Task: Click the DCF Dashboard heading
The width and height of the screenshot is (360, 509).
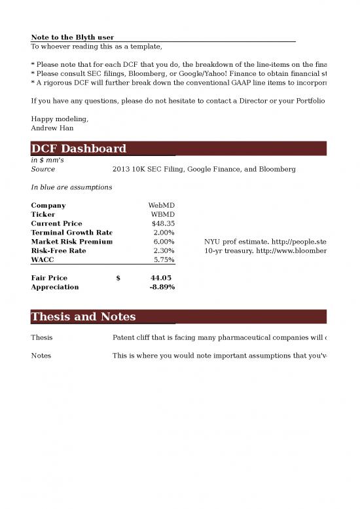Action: point(79,149)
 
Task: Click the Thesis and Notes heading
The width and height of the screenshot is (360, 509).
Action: point(83,317)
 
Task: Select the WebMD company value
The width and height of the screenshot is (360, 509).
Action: point(161,206)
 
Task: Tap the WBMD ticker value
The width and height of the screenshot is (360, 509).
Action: point(162,214)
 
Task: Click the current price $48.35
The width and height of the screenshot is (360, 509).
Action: point(163,223)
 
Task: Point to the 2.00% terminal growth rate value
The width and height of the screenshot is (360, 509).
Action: point(163,233)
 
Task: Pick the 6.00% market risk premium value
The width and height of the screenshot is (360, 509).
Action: point(163,242)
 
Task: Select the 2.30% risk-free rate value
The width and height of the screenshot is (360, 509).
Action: point(163,251)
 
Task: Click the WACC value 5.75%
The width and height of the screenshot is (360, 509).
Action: point(163,260)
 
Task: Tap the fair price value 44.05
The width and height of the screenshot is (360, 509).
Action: point(161,278)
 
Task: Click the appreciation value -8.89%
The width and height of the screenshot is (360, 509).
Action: point(162,287)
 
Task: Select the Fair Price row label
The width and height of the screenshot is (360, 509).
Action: point(49,278)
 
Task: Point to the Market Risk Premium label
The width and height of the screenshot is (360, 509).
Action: point(71,242)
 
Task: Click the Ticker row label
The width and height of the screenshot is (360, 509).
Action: point(43,214)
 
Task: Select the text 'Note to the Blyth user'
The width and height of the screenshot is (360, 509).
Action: point(73,37)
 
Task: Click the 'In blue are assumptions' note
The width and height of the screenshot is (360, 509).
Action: point(71,187)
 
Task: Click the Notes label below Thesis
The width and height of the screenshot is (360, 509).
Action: point(41,356)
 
